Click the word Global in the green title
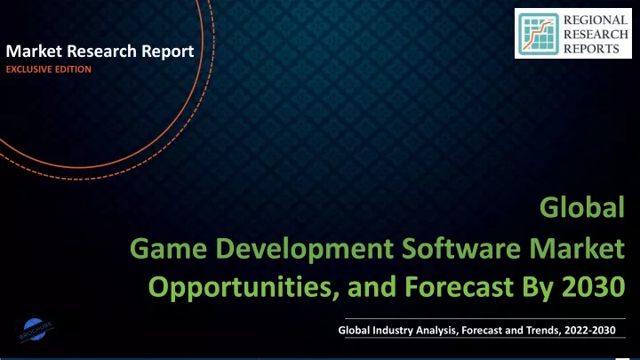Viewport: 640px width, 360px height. coord(582,207)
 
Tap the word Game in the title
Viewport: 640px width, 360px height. coord(168,249)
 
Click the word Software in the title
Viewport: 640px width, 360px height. coord(461,248)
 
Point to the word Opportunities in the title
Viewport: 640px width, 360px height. coord(244,287)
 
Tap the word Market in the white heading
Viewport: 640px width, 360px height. coord(34,51)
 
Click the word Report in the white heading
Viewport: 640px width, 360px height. coord(168,52)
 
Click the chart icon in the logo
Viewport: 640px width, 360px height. coord(539,34)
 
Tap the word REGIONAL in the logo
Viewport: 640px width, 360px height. coord(596,20)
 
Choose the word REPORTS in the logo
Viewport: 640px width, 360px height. coord(592,49)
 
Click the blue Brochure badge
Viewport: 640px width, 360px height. coord(36,330)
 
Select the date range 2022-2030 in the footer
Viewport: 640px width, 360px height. coord(590,330)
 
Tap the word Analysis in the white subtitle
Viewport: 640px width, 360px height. coord(437,331)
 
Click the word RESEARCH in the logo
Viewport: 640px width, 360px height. coord(596,35)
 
